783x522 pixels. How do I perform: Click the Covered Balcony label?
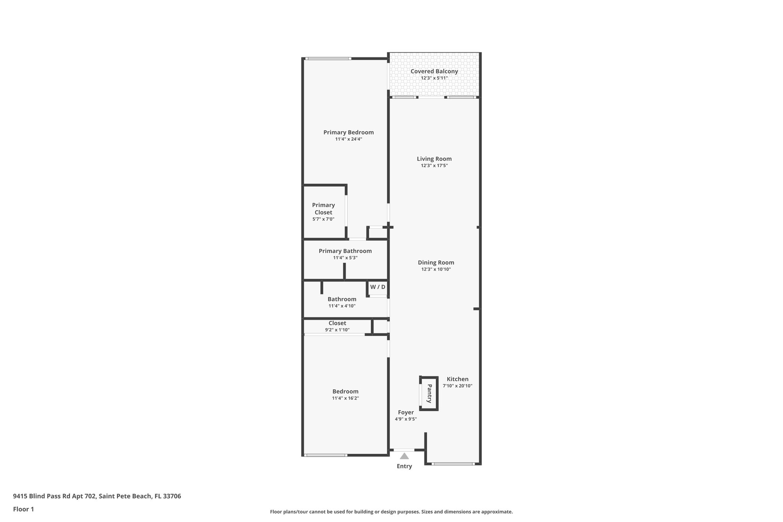pos(434,72)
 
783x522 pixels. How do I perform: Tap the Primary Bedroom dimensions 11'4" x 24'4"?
pos(348,139)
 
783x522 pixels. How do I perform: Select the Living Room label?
pos(434,159)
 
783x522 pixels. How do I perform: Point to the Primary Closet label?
pos(323,209)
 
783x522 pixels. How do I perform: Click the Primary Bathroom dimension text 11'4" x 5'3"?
pos(345,258)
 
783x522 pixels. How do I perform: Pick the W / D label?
pos(377,287)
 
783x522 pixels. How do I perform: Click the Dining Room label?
pos(436,262)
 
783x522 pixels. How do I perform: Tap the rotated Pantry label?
pos(429,394)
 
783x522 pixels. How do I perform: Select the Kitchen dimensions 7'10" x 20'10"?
pos(457,386)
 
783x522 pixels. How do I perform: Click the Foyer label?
pos(406,412)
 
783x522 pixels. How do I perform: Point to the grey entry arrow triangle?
pos(404,456)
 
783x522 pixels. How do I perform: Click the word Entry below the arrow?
pos(404,466)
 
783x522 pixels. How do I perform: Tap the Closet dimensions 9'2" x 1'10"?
pos(337,330)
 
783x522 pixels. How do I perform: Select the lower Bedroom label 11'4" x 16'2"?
pos(345,395)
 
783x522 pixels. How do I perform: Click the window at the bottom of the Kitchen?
pos(453,464)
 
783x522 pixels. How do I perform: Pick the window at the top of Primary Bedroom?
pos(328,59)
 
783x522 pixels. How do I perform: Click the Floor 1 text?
pos(23,509)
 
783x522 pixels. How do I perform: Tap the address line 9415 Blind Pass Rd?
pos(97,496)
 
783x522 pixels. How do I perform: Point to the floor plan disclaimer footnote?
pos(391,512)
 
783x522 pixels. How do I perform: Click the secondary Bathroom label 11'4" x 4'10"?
pos(342,302)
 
